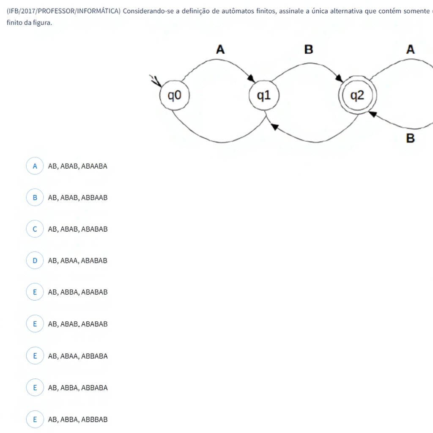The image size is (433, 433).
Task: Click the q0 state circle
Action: (174, 96)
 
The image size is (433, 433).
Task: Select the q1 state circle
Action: (264, 96)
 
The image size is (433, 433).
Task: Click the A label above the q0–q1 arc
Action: (220, 50)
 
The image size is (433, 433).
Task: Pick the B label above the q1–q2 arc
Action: (309, 50)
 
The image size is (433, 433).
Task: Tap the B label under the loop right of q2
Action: (410, 138)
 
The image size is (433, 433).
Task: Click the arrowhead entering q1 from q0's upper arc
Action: (252, 79)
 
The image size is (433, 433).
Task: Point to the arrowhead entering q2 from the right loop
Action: (373, 113)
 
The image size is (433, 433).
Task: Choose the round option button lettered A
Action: (35, 166)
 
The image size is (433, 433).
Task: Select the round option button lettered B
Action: (35, 197)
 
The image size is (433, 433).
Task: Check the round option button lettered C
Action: (35, 229)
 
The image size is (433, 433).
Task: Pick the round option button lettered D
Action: (35, 260)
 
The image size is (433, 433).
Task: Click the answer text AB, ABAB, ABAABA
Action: (78, 166)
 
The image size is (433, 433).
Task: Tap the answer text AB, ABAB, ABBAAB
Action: (78, 197)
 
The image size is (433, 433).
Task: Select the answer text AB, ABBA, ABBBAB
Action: (78, 419)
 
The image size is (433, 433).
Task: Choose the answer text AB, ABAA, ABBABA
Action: (78, 356)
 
